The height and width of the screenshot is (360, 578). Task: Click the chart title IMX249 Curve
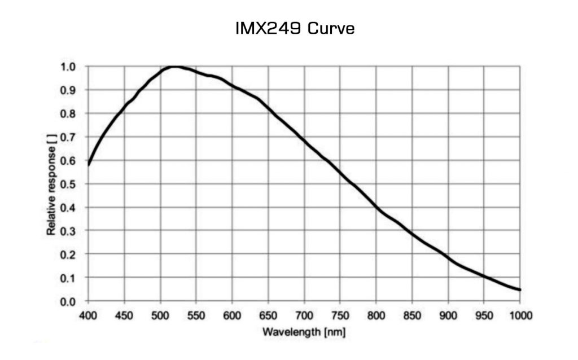pos(295,28)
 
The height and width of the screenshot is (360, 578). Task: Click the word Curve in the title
pos(332,28)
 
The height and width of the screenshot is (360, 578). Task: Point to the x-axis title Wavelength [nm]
pos(304,331)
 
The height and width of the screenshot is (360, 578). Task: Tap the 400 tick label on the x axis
pos(88,315)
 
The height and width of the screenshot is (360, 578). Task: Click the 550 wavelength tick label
pos(196,315)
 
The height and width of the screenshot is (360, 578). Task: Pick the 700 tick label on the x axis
pos(304,315)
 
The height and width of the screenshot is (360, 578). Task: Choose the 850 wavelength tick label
pos(413,315)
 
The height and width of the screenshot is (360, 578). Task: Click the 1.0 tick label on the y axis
pos(68,67)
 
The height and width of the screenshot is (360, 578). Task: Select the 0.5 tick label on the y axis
pos(68,184)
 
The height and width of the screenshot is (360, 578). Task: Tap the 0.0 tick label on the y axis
pos(68,301)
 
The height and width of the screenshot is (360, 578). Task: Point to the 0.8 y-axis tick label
pos(68,113)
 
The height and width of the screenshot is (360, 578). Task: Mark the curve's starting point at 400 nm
pos(89,164)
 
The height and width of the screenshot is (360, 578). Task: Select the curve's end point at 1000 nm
pos(520,290)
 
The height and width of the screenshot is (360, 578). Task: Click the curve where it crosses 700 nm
pos(305,139)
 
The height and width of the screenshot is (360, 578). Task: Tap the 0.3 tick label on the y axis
pos(68,231)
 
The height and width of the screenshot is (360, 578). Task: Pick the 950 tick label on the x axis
pos(484,315)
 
